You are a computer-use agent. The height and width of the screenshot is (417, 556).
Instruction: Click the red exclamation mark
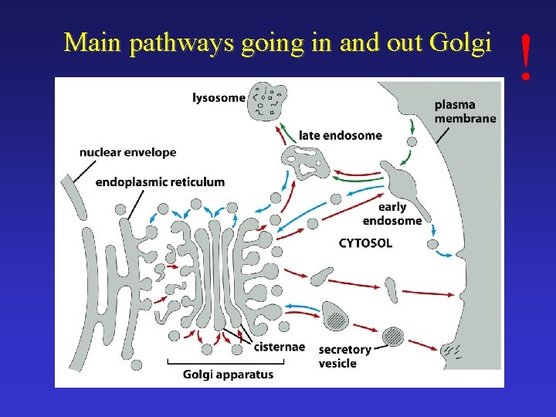tap(526, 56)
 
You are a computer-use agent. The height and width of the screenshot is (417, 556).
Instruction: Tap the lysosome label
tap(219, 97)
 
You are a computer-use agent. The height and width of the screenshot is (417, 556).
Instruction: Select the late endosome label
tap(341, 135)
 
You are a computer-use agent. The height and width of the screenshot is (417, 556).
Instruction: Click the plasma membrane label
tap(465, 111)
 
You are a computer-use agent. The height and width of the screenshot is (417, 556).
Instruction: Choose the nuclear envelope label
tap(127, 152)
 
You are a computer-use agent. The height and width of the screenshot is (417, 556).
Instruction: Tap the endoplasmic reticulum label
tap(160, 182)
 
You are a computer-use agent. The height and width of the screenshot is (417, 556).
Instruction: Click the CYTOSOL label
tap(365, 242)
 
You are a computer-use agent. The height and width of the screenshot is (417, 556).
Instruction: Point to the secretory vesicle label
tap(344, 356)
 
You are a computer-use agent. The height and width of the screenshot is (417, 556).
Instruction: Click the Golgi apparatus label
tap(228, 375)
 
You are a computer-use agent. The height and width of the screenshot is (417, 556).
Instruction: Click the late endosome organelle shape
tap(305, 163)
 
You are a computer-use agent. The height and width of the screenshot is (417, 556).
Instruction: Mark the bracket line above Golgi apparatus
tap(228, 361)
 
